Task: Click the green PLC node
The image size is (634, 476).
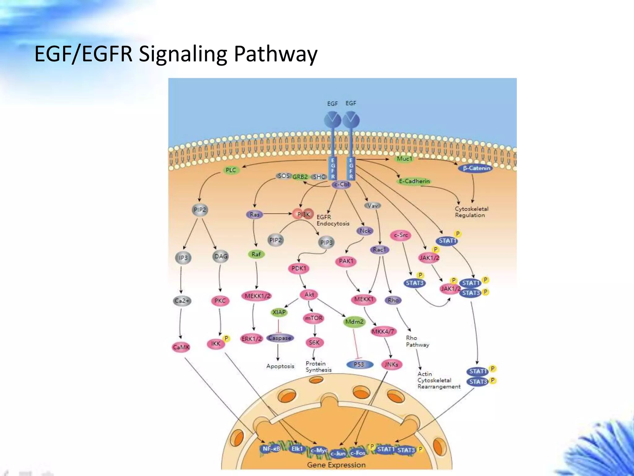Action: pos(231,170)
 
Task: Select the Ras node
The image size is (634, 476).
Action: pos(254,214)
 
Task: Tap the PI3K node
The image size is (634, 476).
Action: pos(303,214)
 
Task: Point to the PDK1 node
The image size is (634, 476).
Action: pos(299,268)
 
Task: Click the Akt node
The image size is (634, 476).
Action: pos(309,294)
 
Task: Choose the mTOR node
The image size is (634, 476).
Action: pos(314,318)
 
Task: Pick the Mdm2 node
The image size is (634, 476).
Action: pos(354,322)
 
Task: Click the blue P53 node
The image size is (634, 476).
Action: pos(359,364)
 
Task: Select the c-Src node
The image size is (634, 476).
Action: pos(401,235)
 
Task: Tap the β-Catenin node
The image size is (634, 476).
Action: pos(477,168)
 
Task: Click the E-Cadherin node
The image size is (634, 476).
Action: pos(414,181)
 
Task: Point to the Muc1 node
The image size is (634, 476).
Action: pos(405,159)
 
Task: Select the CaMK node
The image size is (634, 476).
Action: pos(181,347)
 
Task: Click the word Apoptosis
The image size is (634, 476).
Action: pos(280,366)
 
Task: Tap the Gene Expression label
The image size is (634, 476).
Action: pos(336,465)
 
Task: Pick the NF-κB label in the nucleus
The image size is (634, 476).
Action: pos(271,449)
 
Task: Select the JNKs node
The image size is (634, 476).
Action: pos(391,365)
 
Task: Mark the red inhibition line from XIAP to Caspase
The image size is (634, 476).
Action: pos(278,326)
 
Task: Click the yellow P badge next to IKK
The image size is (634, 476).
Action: pos(226,339)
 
